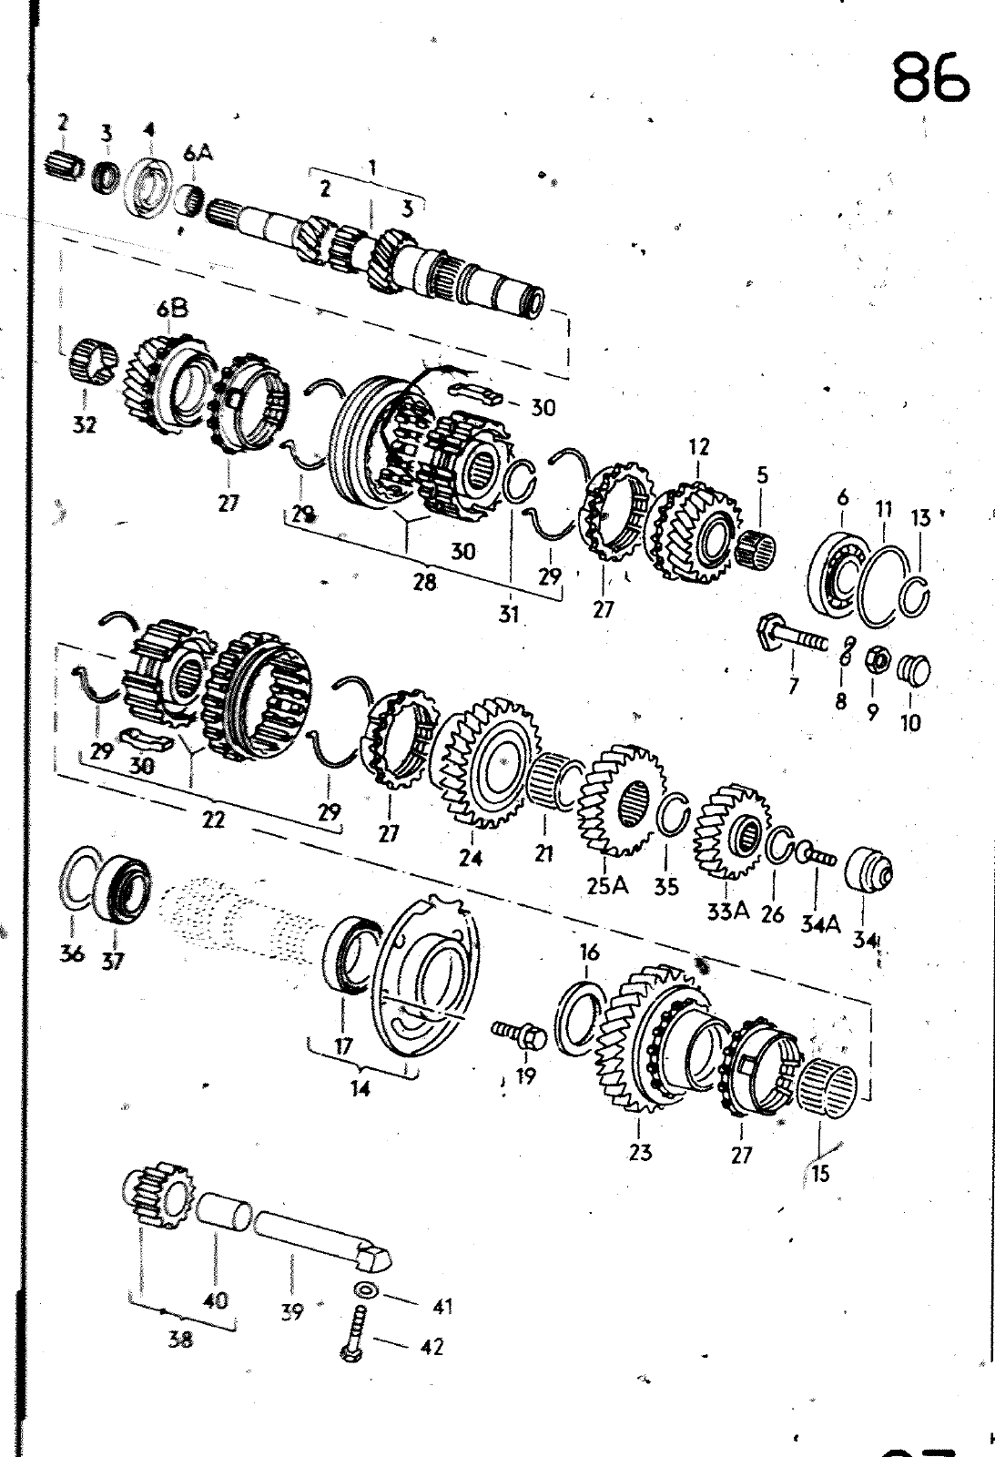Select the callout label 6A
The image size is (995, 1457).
pyautogui.click(x=198, y=154)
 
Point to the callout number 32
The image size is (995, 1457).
pyautogui.click(x=85, y=424)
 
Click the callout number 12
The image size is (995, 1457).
pyautogui.click(x=698, y=447)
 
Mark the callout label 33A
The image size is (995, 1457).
pyautogui.click(x=727, y=911)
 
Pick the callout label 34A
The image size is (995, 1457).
pyautogui.click(x=821, y=923)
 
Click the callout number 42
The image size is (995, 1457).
pyautogui.click(x=432, y=1346)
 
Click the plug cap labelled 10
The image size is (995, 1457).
pyautogui.click(x=914, y=670)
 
